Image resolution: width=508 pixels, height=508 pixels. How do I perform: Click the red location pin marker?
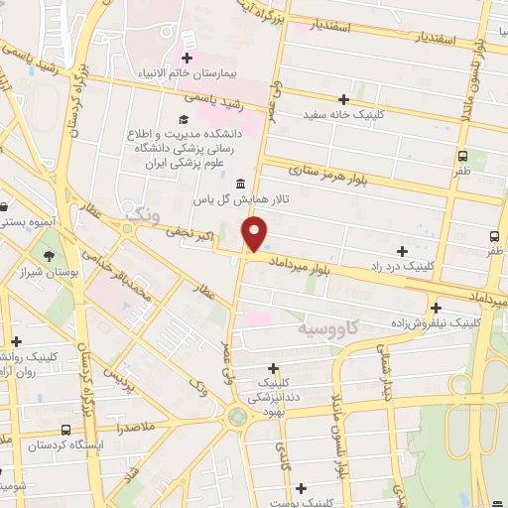pyautogui.click(x=255, y=234)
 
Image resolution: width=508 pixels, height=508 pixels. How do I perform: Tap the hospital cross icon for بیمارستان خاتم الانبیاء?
pyautogui.click(x=187, y=59)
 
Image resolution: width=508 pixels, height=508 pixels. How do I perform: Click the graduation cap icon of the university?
pyautogui.click(x=182, y=120)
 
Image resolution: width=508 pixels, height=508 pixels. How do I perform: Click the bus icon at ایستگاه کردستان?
pyautogui.click(x=65, y=430)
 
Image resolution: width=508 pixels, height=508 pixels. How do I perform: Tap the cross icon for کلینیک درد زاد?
pyautogui.click(x=402, y=251)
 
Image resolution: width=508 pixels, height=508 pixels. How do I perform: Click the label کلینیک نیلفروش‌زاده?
pyautogui.click(x=436, y=323)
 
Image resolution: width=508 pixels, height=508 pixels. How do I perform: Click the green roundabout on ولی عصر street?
pyautogui.click(x=237, y=417)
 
